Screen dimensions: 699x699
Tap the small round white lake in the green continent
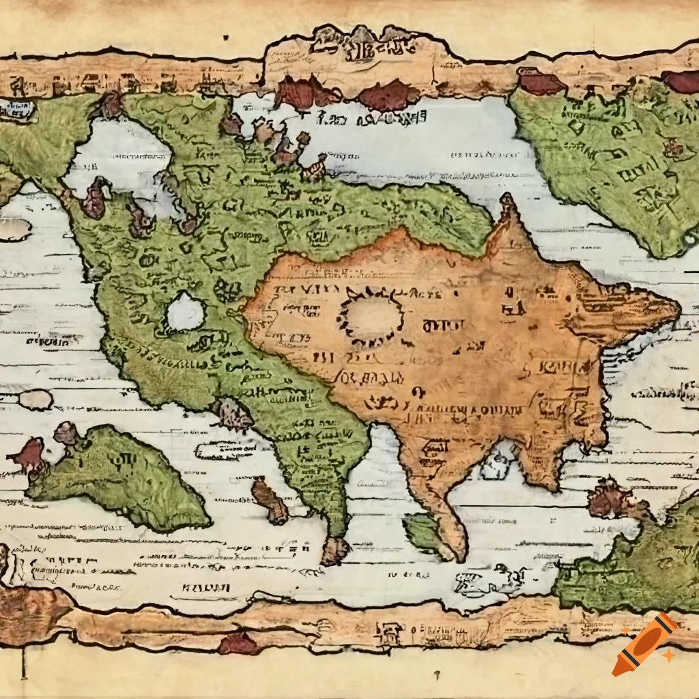pos(185,313)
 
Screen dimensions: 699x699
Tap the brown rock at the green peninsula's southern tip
pos(335,550)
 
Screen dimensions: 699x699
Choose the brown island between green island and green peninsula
pos(269,500)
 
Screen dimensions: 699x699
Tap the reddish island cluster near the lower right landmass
pos(611,498)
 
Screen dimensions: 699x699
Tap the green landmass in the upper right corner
pos(608,157)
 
